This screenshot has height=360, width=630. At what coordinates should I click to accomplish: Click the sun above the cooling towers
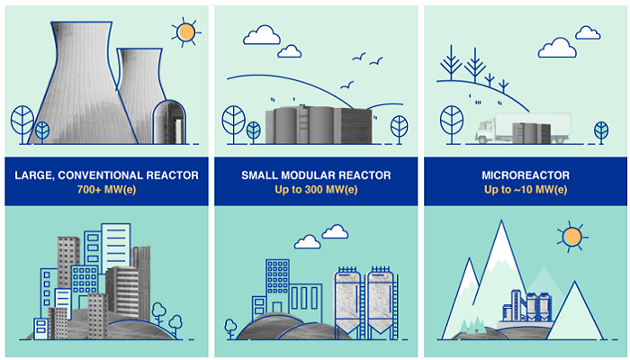pyautogui.click(x=186, y=32)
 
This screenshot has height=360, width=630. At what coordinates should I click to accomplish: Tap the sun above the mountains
pyautogui.click(x=571, y=238)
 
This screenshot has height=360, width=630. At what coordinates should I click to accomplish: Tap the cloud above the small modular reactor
pyautogui.click(x=262, y=34)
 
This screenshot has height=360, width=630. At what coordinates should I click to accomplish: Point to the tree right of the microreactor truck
pyautogui.click(x=600, y=130)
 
